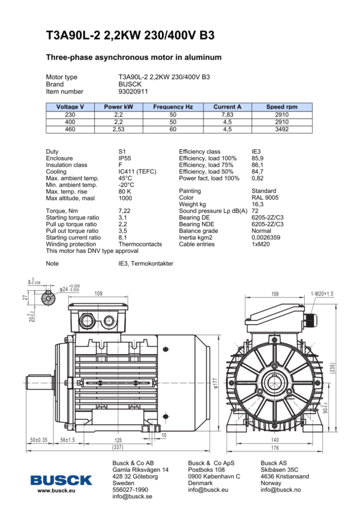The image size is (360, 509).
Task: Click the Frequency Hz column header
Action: pyautogui.click(x=173, y=107)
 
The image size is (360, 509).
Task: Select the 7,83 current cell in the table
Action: pyautogui.click(x=227, y=114)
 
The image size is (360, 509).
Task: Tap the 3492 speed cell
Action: pyautogui.click(x=282, y=129)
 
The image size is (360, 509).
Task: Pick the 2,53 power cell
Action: pyautogui.click(x=118, y=129)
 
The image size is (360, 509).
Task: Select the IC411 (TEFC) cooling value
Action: pyautogui.click(x=137, y=171)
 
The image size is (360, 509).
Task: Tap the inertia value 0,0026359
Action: pyautogui.click(x=268, y=237)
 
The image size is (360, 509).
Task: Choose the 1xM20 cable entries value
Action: pyautogui.click(x=262, y=244)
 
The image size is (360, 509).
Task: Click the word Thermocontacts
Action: pyautogui.click(x=140, y=244)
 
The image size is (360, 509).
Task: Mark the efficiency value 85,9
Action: pyautogui.click(x=257, y=158)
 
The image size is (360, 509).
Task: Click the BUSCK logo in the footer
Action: pyautogui.click(x=62, y=480)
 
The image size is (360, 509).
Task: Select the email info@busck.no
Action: pyautogui.click(x=280, y=490)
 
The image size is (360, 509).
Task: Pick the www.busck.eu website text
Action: pyautogui.click(x=56, y=490)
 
